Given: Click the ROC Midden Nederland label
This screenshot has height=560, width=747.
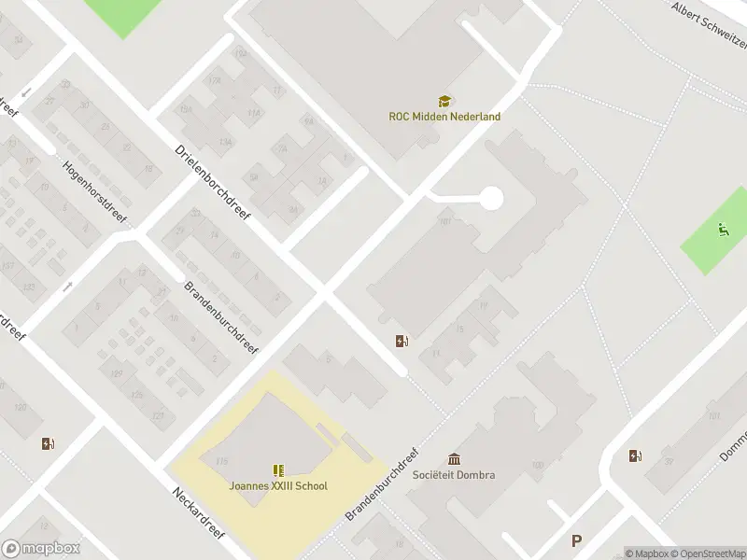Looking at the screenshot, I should [x=444, y=117].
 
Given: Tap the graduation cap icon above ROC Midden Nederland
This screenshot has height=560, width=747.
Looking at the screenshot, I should [x=444, y=101].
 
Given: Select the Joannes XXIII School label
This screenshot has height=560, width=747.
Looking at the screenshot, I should [x=278, y=485].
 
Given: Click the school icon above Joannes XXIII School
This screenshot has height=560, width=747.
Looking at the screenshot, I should [x=277, y=470].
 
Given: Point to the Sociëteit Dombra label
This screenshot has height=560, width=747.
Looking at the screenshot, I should [x=454, y=474].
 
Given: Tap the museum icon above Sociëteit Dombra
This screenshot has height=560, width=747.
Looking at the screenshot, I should [x=454, y=458].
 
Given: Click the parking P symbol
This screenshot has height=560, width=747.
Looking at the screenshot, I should [x=576, y=540].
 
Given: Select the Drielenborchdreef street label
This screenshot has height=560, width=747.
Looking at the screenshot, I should [x=213, y=182].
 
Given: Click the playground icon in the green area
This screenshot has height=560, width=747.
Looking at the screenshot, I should [x=723, y=228].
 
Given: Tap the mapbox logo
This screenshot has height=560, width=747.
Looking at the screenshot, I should [x=41, y=549].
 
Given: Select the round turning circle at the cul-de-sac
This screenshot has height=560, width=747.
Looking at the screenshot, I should [x=490, y=198].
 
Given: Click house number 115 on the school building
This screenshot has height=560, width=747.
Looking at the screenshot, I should [x=221, y=461].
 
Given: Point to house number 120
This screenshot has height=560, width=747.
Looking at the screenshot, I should [x=20, y=409].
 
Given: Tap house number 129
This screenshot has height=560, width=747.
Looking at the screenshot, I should [x=116, y=375].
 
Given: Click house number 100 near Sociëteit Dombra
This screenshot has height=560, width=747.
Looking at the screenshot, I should [x=536, y=465].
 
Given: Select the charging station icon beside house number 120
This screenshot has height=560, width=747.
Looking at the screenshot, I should [x=48, y=444].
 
